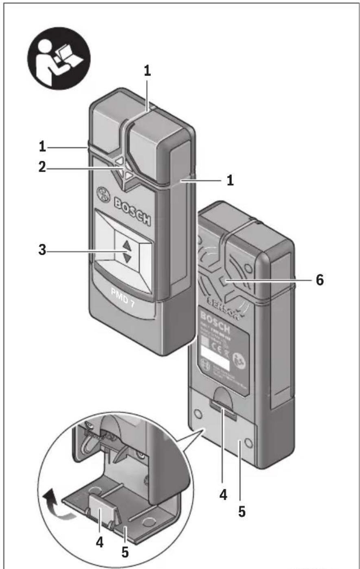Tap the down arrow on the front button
(127, 258)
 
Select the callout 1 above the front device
(147, 70)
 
